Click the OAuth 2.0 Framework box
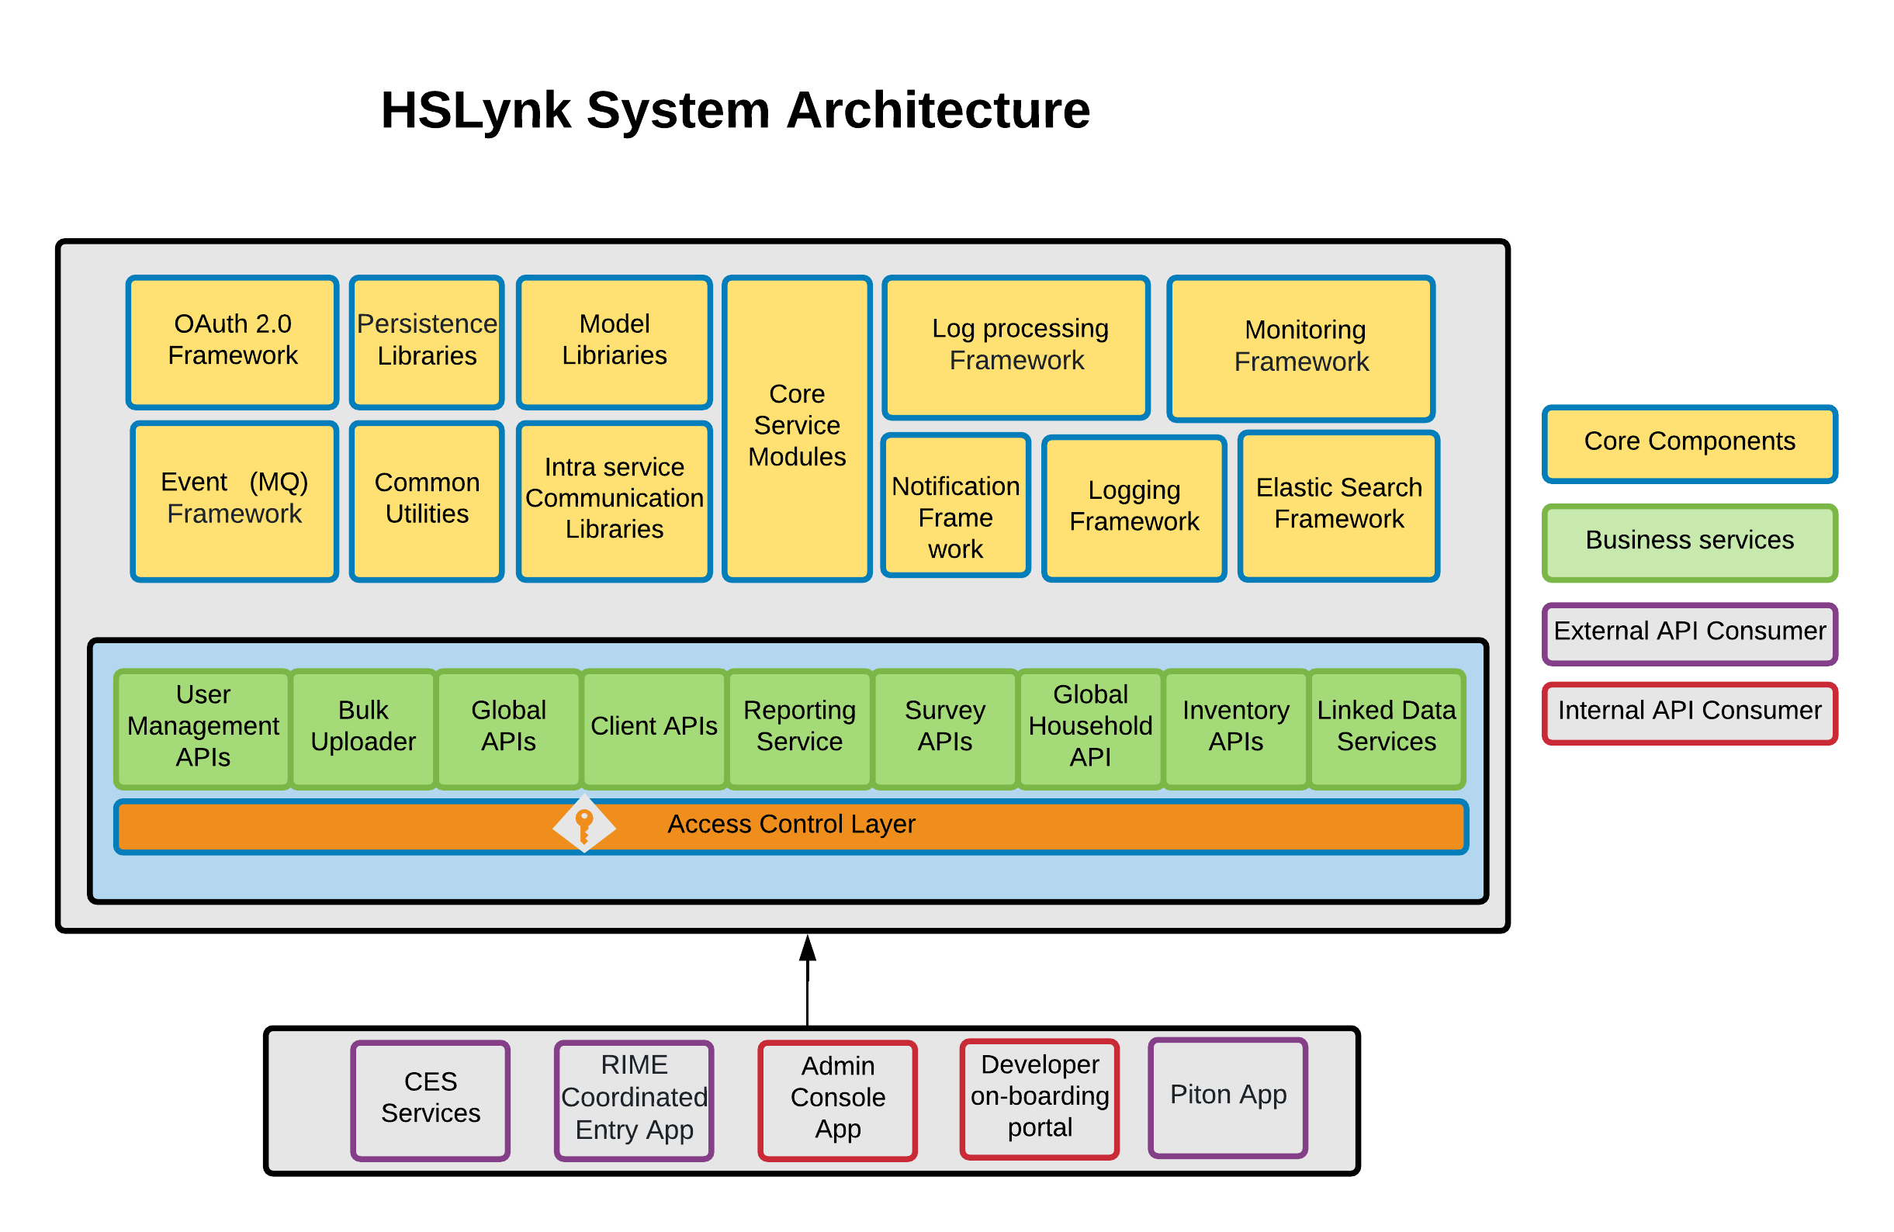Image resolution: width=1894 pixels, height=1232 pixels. pos(232,342)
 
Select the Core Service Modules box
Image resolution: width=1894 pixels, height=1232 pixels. pos(797,428)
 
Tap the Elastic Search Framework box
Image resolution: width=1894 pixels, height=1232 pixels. pos(1338,506)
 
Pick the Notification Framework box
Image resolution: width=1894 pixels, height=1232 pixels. pos(955,506)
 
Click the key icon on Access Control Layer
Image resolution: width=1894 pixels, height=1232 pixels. pos(584,825)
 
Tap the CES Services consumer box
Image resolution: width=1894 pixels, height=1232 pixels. pos(431,1100)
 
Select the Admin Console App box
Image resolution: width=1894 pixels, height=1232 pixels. pos(837,1100)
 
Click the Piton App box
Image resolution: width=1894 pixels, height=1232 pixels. pos(1228,1097)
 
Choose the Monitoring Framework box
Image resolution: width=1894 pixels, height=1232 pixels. pos(1301,348)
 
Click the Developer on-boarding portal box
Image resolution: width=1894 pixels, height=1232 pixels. pos(1039,1099)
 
